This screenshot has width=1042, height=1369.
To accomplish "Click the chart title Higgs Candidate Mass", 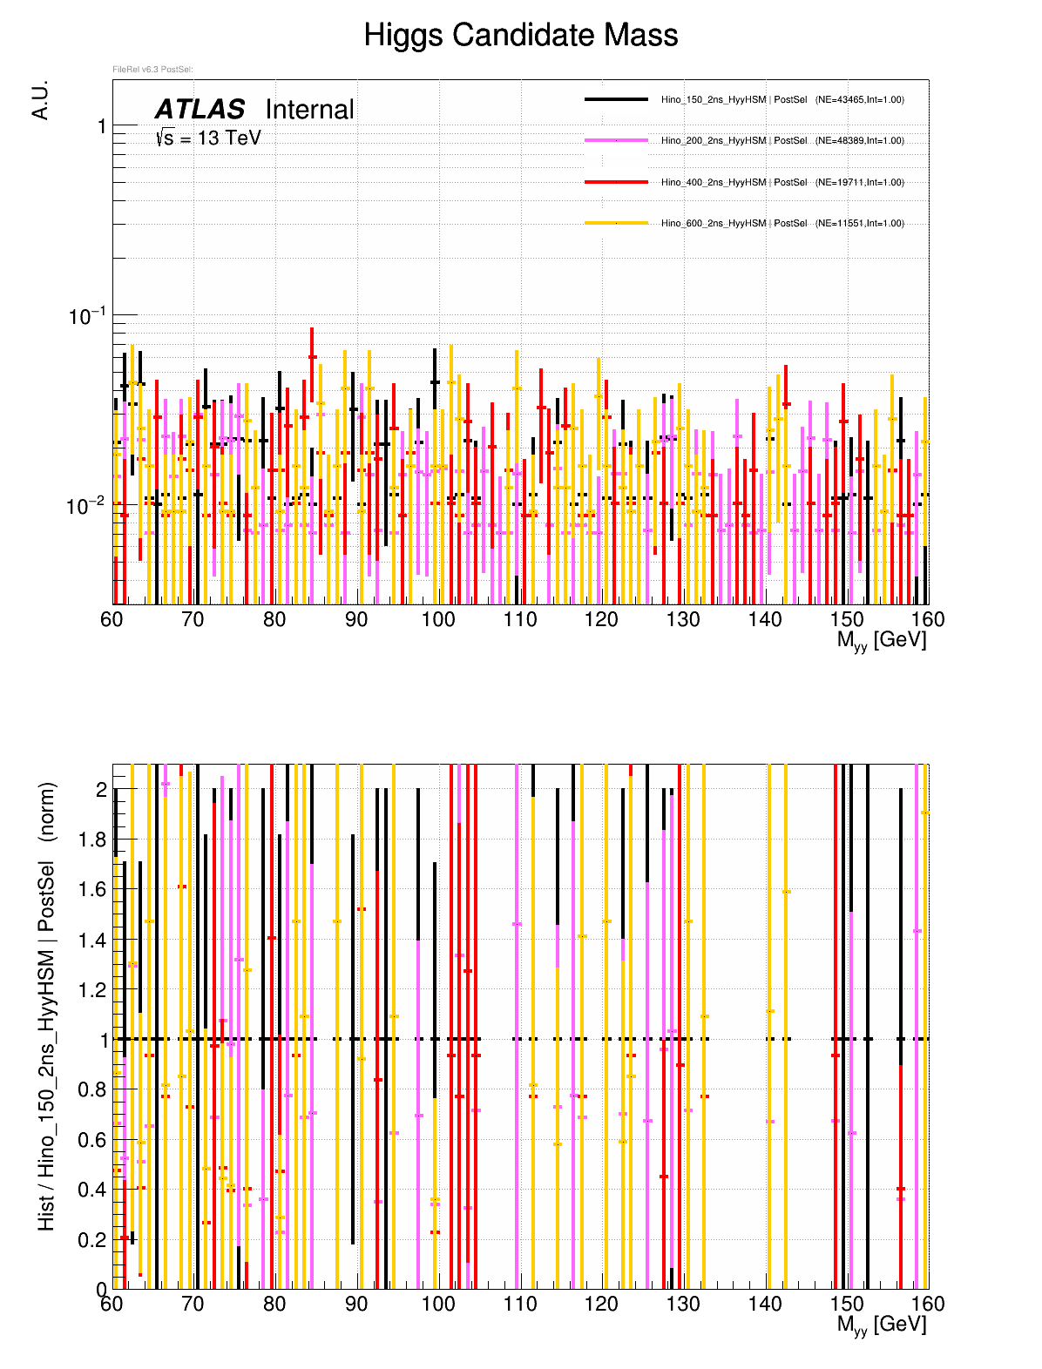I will coord(520,36).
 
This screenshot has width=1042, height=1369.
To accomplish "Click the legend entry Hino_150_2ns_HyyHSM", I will coord(713,100).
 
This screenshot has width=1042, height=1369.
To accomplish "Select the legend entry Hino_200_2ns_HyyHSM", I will coord(713,141).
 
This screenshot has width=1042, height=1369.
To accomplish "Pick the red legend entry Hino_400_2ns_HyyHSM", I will coord(713,183).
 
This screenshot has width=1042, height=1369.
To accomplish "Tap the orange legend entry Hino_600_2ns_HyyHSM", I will coord(713,224).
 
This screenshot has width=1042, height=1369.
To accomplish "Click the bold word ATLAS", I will coord(200,110).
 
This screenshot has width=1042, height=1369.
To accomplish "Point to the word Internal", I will coord(309,110).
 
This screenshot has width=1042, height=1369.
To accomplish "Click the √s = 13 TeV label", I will coord(208,138).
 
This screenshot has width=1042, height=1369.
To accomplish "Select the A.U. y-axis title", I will coord(40,100).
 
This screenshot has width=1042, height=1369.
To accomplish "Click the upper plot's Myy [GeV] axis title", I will coord(881,640).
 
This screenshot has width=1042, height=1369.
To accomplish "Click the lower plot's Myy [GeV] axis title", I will coord(881,1325).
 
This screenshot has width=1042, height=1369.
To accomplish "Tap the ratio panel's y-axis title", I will coord(47,1006).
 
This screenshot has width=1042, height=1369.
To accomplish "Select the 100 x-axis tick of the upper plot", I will coord(438,619).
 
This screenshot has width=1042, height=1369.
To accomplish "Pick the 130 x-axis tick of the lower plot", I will coord(683,1304).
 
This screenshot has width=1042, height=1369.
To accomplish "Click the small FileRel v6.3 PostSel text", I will coord(152,70).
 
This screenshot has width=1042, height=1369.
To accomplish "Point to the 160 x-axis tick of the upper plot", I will coord(928,619).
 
